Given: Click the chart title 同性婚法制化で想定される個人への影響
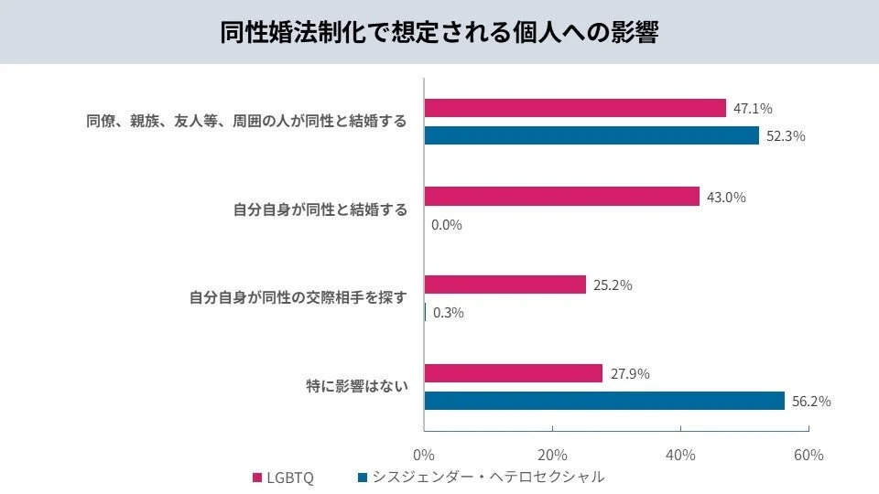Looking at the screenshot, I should (x=439, y=32).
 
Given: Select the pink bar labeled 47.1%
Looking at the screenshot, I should (x=575, y=108).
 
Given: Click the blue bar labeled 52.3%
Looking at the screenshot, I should (x=591, y=135).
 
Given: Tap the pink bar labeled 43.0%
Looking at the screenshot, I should (x=561, y=197).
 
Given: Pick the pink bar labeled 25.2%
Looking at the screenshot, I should (x=505, y=285).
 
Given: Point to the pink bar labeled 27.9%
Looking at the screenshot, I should (x=513, y=373).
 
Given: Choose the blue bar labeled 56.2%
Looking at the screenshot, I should (x=604, y=401).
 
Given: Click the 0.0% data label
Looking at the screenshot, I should (x=447, y=224).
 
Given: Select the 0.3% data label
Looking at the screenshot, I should (x=448, y=312).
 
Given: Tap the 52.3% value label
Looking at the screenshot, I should (x=786, y=136).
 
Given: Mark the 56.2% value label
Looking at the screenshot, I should (x=811, y=401).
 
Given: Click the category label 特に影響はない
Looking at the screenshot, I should (x=356, y=386).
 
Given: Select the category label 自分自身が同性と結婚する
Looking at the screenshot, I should (x=320, y=209).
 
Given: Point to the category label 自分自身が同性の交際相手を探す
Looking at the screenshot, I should (x=298, y=297).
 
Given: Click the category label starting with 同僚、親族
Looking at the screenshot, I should (x=246, y=121).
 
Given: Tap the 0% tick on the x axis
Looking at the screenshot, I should (x=424, y=455).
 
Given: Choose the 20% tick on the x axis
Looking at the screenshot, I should (x=552, y=455).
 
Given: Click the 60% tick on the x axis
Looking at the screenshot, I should (x=808, y=455).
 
